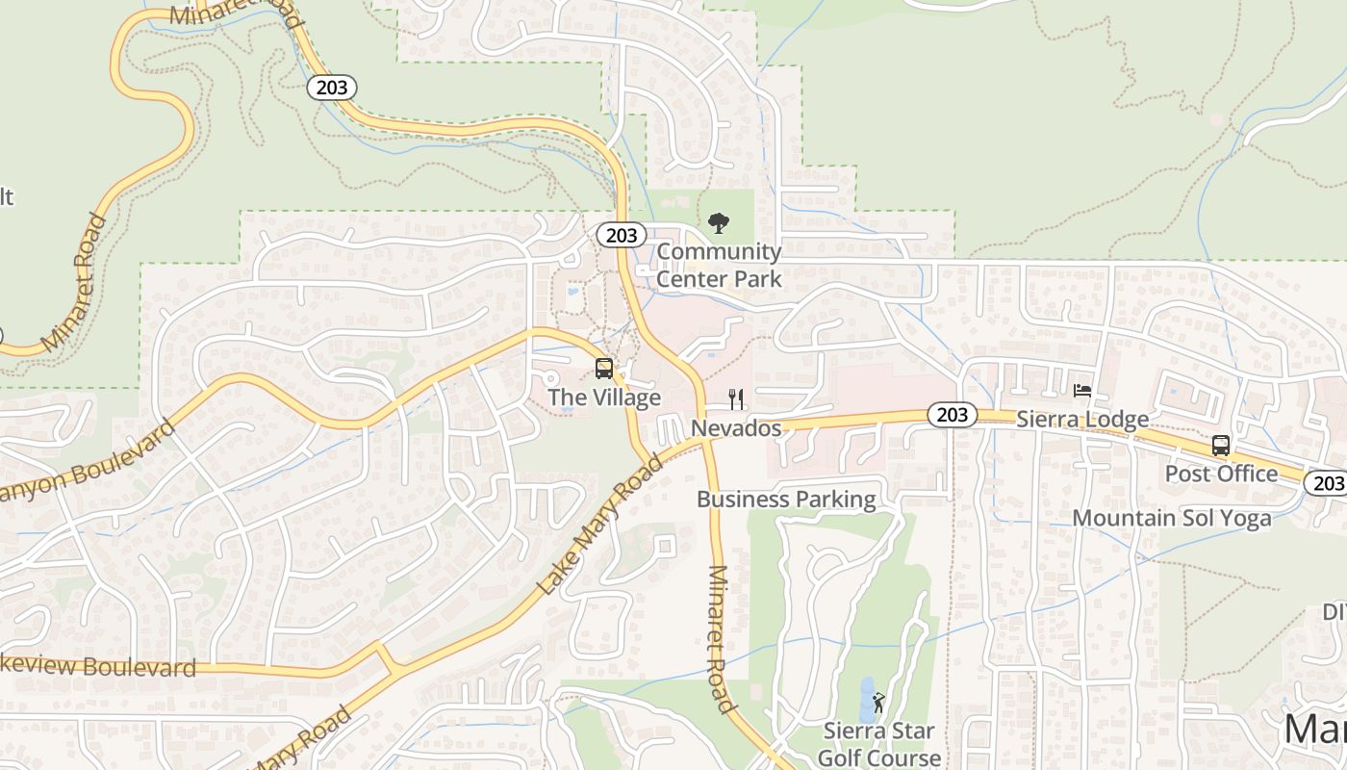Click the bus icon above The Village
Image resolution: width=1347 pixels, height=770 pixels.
pos(604,368)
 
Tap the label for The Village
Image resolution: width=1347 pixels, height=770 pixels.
pos(604,398)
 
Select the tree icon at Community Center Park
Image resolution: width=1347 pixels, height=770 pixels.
pos(718,224)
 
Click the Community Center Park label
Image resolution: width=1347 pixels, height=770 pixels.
pos(719,266)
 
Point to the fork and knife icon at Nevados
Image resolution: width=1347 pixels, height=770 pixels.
pos(736,398)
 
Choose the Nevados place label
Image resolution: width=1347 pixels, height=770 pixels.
pos(736,428)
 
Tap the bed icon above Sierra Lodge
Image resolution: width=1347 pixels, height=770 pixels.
pos(1082,391)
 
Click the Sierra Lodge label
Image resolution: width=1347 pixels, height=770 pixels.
pos(1082,420)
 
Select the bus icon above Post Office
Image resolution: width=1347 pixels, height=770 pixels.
pos(1221,446)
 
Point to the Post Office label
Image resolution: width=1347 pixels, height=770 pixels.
pos(1221,474)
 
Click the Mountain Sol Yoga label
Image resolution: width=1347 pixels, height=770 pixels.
pos(1171,518)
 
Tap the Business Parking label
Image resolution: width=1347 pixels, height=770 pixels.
pos(786,500)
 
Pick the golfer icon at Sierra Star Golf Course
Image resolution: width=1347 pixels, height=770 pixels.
pos(877,702)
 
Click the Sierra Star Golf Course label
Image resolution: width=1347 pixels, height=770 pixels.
pos(879,744)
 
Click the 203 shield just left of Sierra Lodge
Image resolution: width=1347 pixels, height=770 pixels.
pos(952,415)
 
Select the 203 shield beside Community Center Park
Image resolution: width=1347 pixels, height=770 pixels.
pos(621,235)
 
